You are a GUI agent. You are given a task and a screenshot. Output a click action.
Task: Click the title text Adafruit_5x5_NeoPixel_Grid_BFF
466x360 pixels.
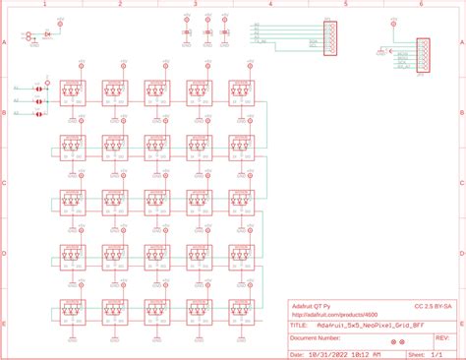coord(371,323)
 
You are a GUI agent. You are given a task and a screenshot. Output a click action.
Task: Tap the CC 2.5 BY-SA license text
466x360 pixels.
coord(434,306)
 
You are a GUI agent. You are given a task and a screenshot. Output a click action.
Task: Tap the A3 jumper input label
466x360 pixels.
coord(16,113)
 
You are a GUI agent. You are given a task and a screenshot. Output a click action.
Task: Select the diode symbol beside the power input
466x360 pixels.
coord(47,34)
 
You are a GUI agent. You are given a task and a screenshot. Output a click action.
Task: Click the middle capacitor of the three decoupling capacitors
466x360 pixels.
coord(207,33)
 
